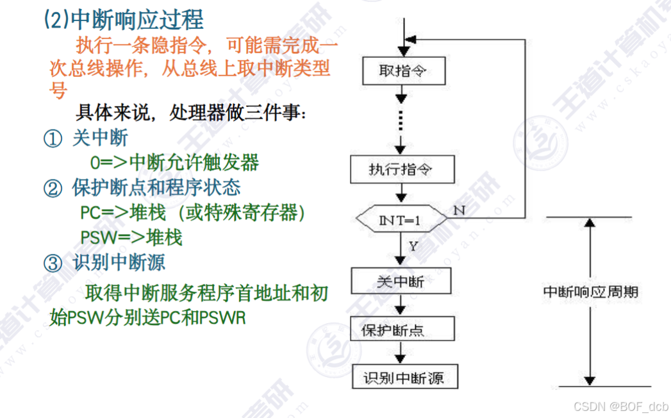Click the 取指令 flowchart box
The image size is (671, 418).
[403, 71]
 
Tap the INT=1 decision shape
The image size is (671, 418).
[401, 221]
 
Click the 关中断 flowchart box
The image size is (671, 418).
[402, 281]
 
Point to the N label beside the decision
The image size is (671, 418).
[460, 209]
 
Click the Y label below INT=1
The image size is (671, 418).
[413, 246]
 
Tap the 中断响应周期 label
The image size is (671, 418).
[590, 292]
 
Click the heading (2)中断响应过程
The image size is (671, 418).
[123, 19]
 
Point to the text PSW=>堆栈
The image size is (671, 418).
[131, 237]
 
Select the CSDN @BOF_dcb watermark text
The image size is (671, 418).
[620, 406]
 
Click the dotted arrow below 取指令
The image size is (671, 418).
[401, 120]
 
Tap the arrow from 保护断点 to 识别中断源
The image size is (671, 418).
[401, 353]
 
